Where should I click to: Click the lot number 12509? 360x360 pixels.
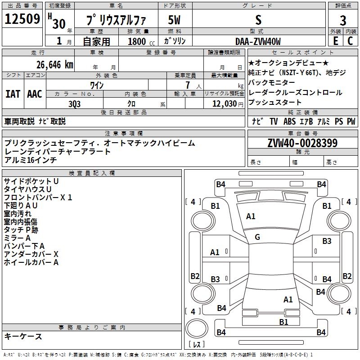click(x=22, y=20)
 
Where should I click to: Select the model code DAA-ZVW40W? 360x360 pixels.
click(x=258, y=41)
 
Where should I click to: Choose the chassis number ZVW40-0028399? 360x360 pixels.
click(x=302, y=143)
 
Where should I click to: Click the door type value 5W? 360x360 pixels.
click(x=175, y=20)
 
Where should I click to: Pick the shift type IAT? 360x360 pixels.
click(x=13, y=94)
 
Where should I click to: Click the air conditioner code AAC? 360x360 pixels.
click(x=35, y=94)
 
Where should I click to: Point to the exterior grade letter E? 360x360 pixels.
click(x=335, y=41)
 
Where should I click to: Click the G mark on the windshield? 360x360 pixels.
click(x=257, y=237)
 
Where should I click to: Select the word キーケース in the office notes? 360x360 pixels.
click(x=23, y=336)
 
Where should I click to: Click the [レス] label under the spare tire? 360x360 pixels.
click(x=196, y=345)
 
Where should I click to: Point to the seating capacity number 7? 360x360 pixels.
click(x=186, y=85)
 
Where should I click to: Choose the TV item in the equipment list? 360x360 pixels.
click(x=274, y=121)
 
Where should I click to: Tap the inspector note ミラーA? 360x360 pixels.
click(x=17, y=238)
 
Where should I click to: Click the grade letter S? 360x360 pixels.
click(x=258, y=20)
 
